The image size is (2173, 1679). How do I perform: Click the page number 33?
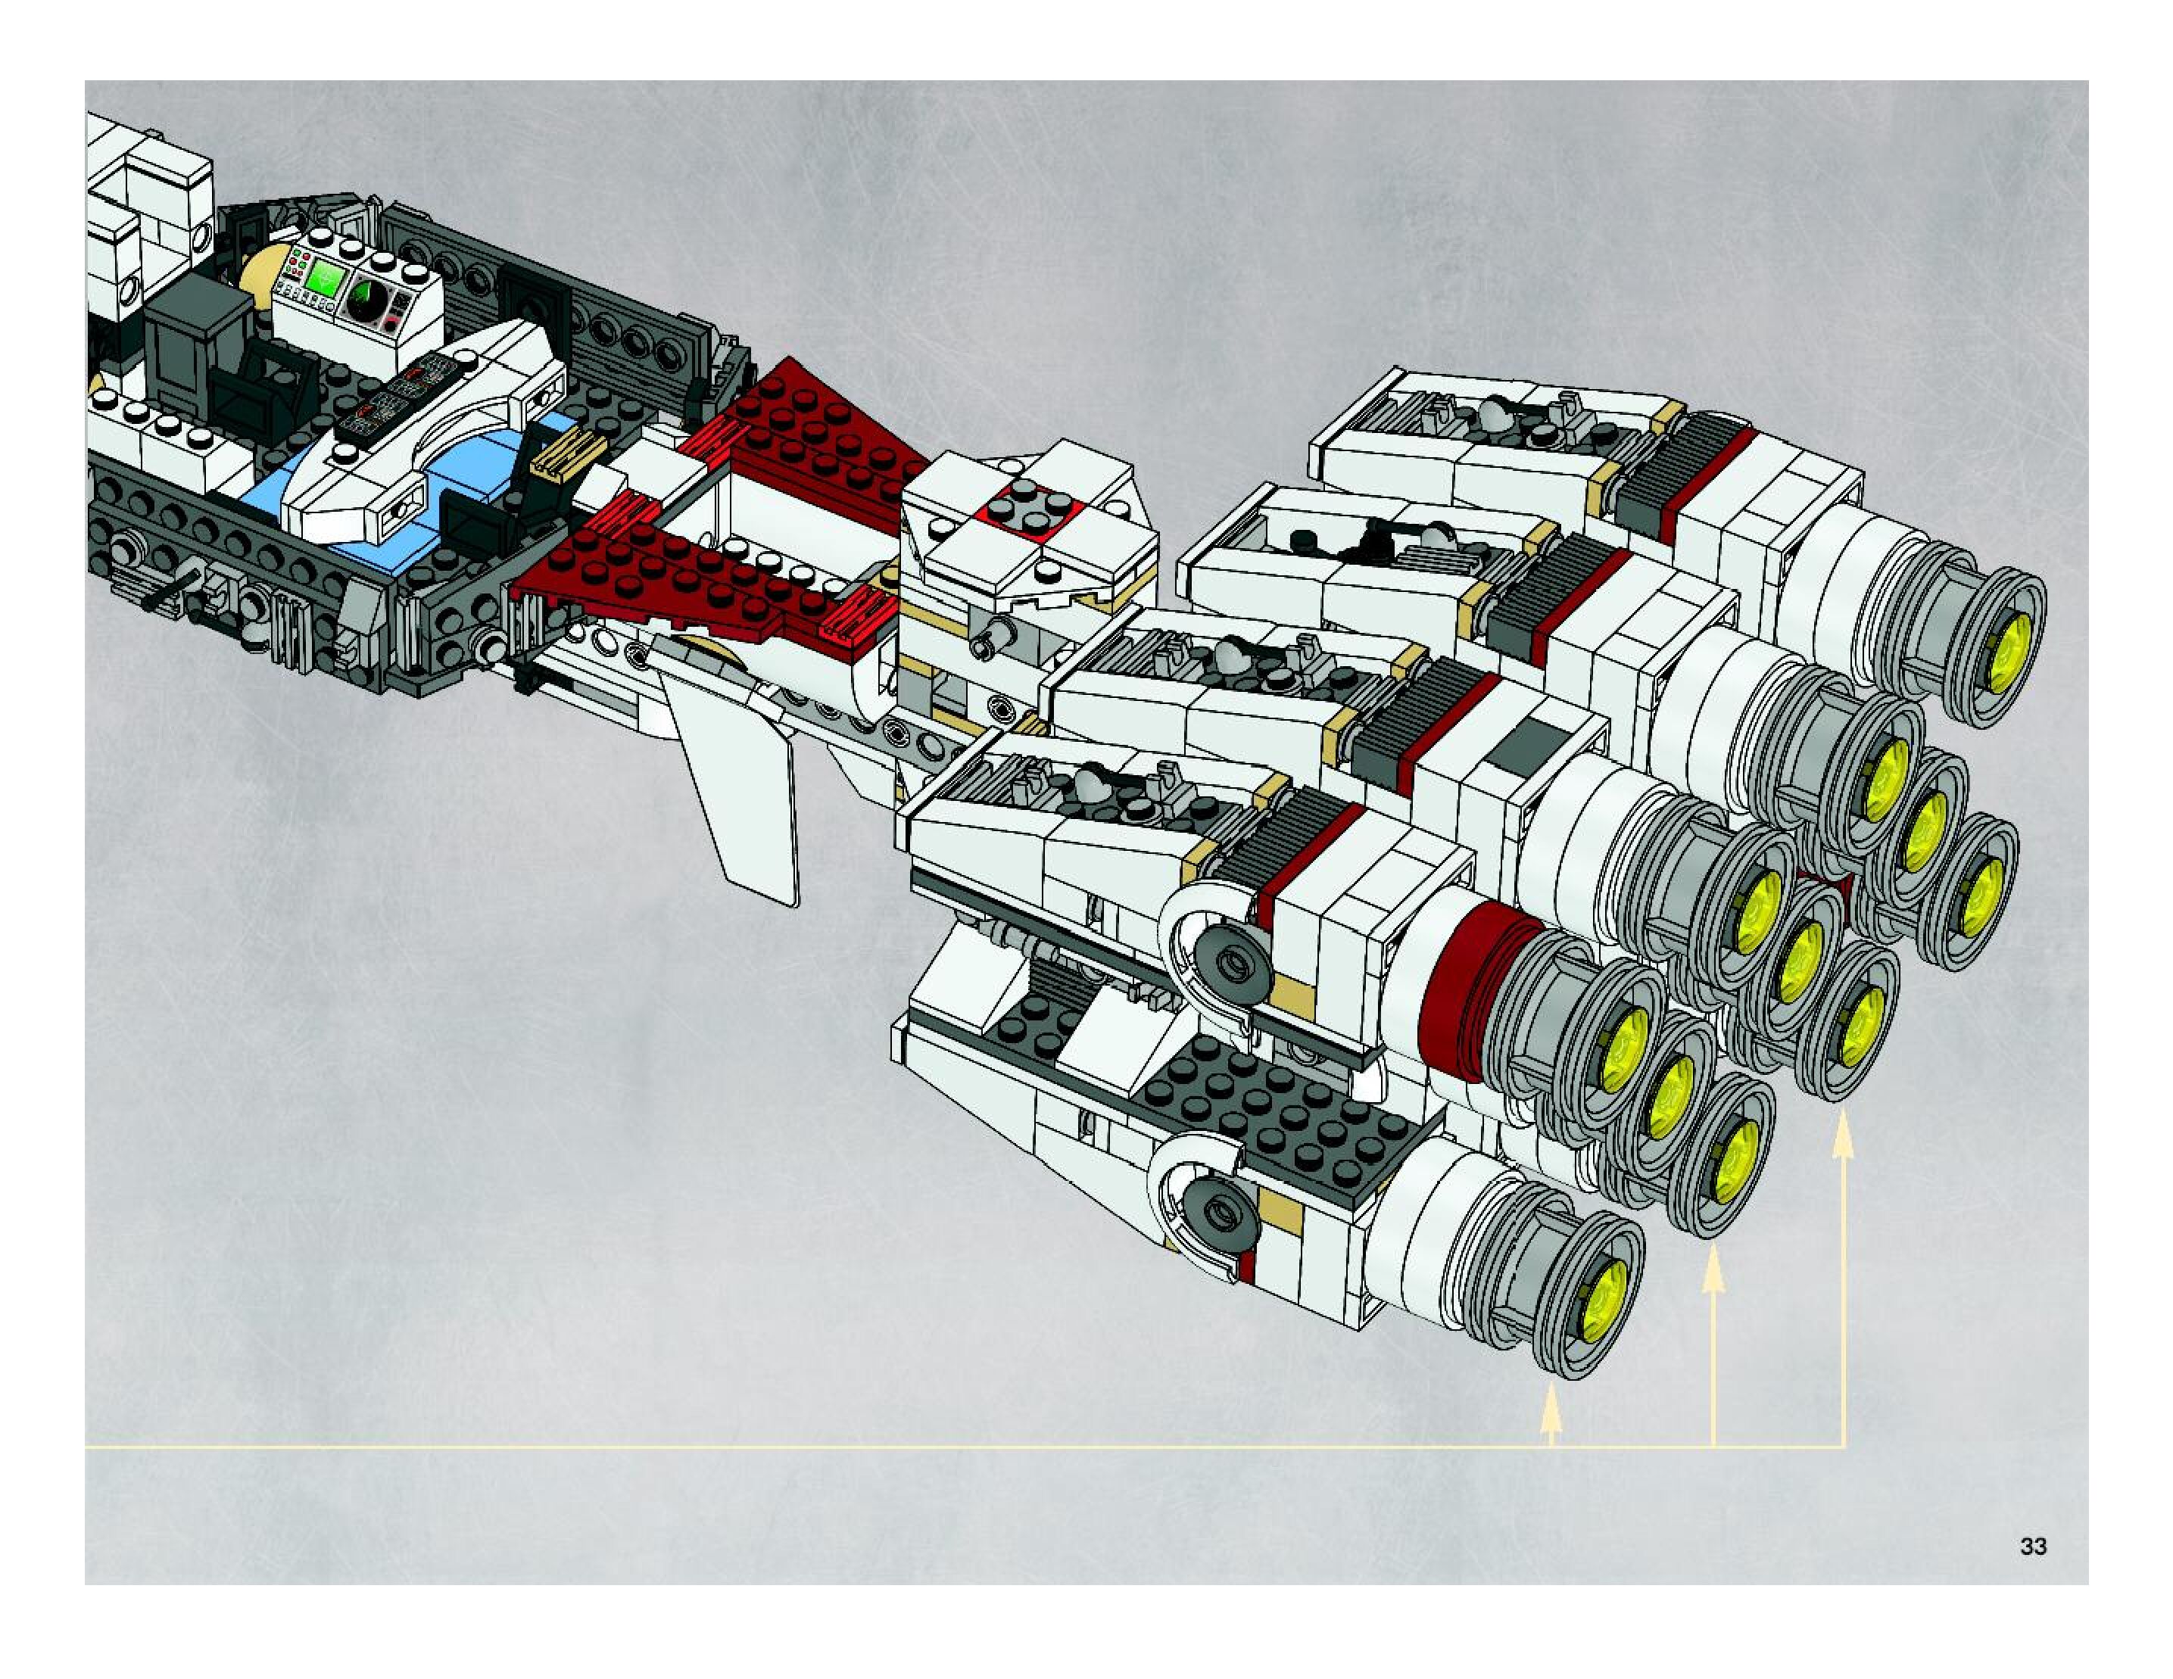pos(2033,1546)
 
